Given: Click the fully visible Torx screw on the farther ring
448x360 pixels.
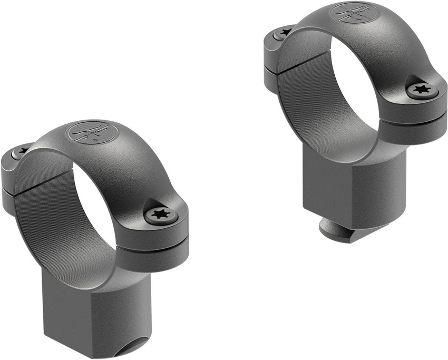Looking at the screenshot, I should (422, 89).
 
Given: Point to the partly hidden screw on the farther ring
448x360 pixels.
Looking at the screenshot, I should (285, 33).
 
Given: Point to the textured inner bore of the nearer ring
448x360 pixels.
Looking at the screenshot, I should (42, 221).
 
